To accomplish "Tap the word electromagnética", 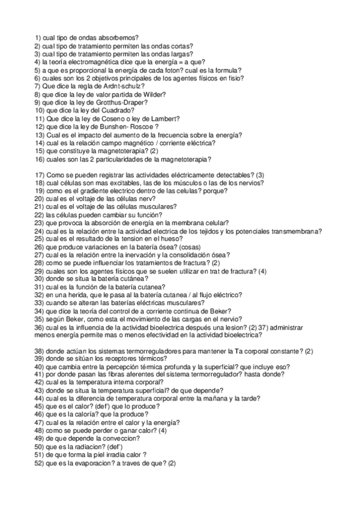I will click(x=86, y=62).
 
